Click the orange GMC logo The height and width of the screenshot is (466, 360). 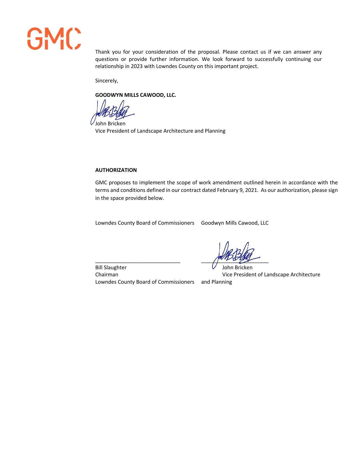(x=54, y=39)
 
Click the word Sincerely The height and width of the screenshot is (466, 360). (x=106, y=81)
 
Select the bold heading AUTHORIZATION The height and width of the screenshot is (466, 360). (x=116, y=170)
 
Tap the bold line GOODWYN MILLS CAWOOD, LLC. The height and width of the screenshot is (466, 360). (x=136, y=95)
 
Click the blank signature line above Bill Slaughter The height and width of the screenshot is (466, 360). (x=138, y=262)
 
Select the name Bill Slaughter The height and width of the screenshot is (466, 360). (x=111, y=267)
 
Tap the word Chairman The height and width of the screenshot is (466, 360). (x=106, y=275)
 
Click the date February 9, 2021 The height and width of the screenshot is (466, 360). (x=237, y=190)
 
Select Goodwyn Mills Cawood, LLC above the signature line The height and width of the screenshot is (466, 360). (x=235, y=223)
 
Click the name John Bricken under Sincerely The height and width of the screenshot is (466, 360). (x=110, y=124)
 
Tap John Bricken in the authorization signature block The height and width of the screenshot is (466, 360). (x=237, y=267)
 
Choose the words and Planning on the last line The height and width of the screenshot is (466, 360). (x=216, y=282)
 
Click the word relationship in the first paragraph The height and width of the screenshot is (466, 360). (x=109, y=66)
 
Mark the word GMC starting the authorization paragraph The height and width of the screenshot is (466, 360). (x=101, y=183)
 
